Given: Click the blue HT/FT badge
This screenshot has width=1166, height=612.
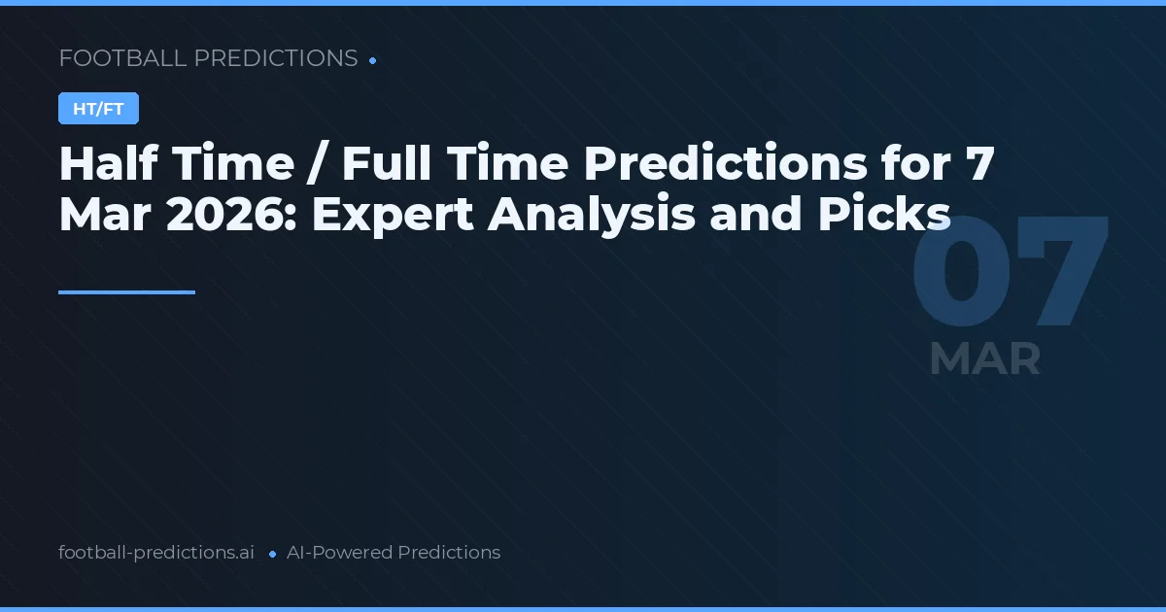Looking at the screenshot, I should click(98, 109).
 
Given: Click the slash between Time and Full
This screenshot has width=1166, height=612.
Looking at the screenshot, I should click(316, 165).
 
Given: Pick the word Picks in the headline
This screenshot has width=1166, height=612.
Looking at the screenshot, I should click(882, 215).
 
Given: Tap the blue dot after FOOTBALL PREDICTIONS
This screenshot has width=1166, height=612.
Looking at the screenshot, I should click(372, 60).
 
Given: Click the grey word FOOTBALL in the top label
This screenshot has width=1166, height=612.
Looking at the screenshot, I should click(122, 58).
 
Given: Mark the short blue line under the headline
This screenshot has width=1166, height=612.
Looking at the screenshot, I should click(126, 291).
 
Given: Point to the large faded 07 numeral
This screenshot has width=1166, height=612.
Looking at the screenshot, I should click(1010, 272).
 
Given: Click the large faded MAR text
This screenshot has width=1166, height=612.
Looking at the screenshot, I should click(984, 359).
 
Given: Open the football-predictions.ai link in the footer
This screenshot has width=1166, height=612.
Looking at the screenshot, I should click(156, 553).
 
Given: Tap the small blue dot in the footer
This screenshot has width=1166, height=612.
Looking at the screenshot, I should click(272, 554).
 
